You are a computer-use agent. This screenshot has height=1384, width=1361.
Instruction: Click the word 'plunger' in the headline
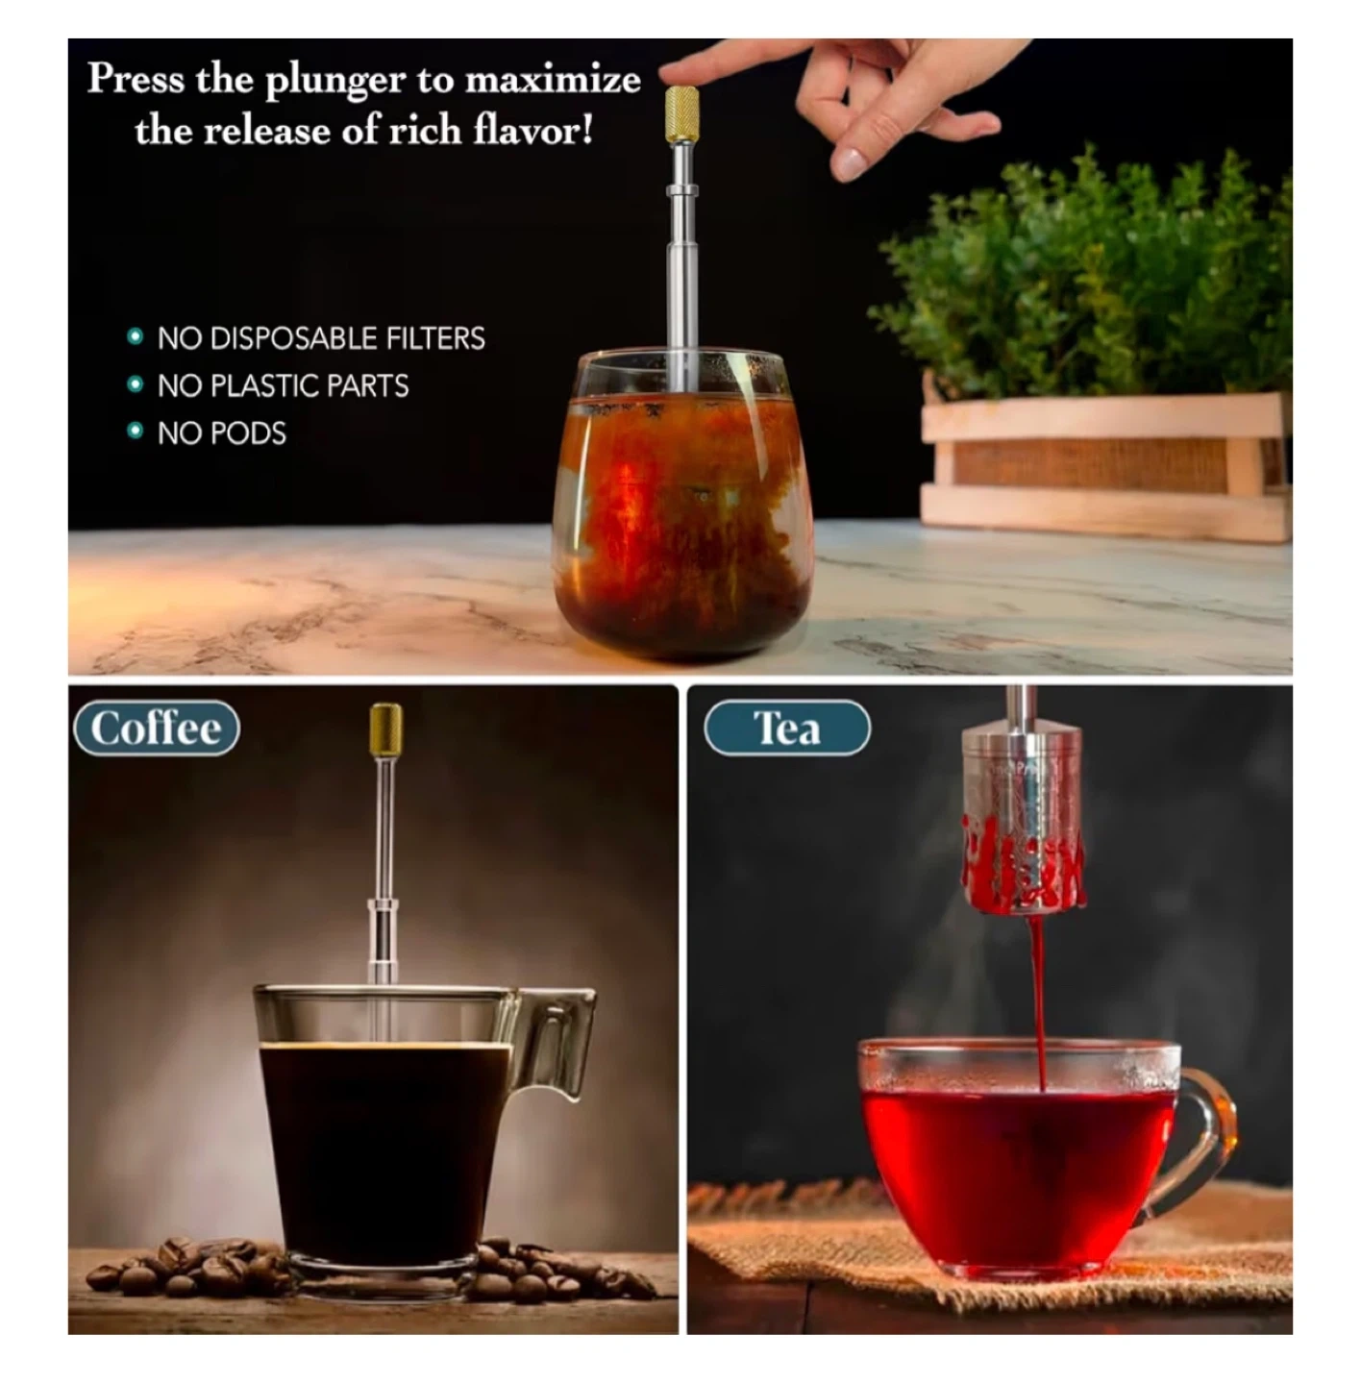coord(335,81)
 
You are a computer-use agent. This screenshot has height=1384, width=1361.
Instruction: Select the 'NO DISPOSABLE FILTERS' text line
coord(321,338)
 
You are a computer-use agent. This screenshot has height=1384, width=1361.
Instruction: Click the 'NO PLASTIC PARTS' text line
coord(284,385)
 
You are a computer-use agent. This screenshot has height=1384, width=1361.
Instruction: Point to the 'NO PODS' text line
coord(222,433)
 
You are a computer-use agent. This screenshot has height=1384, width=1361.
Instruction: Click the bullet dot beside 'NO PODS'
coord(136,431)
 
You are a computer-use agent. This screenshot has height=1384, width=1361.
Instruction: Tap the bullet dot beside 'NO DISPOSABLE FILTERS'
coord(136,336)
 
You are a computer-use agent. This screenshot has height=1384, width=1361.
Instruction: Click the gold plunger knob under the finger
coord(681,113)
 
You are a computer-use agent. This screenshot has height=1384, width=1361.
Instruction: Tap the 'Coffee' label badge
coord(157,729)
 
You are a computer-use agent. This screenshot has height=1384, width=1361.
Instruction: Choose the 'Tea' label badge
coord(787,729)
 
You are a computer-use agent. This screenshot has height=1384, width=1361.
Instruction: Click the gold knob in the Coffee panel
coord(385,729)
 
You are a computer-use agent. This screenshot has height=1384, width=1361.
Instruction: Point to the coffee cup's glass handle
coord(557,1041)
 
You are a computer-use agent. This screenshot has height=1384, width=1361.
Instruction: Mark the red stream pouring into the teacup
coord(1038,1000)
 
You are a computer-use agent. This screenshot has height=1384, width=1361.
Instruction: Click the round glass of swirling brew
coord(681,503)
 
